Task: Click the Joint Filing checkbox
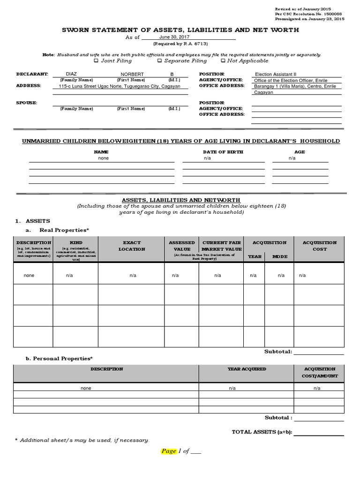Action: point(96,61)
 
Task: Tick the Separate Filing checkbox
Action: point(159,61)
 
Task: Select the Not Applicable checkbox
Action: point(223,61)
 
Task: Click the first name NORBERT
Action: point(132,75)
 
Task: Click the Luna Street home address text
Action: point(120,86)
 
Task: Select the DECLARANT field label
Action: point(32,74)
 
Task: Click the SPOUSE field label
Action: point(27,103)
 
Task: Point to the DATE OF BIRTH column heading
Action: point(223,152)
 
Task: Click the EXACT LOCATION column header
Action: point(132,246)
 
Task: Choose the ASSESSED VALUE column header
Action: point(182,246)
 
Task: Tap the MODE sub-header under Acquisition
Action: point(281,256)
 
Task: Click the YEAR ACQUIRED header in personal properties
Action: point(247,369)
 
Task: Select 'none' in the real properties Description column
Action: point(29,276)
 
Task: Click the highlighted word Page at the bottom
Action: point(168,451)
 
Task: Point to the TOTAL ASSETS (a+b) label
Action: point(262,432)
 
